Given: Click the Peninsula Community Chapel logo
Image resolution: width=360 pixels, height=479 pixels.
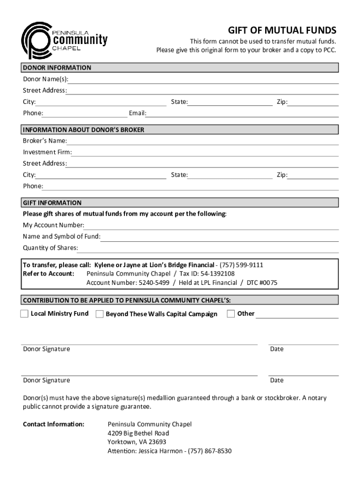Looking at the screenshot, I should [65, 40].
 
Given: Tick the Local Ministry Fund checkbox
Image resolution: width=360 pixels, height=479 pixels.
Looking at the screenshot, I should [24, 314].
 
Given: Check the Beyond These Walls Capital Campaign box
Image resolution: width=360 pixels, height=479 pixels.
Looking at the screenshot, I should [100, 314].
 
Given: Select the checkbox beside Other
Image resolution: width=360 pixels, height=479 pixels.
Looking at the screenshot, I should [230, 314].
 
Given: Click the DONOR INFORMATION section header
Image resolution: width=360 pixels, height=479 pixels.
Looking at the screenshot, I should [57, 68].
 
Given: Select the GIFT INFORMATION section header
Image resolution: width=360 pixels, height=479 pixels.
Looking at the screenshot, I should [52, 203].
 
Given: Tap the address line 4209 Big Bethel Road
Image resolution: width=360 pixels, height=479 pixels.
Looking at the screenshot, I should [138, 433].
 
